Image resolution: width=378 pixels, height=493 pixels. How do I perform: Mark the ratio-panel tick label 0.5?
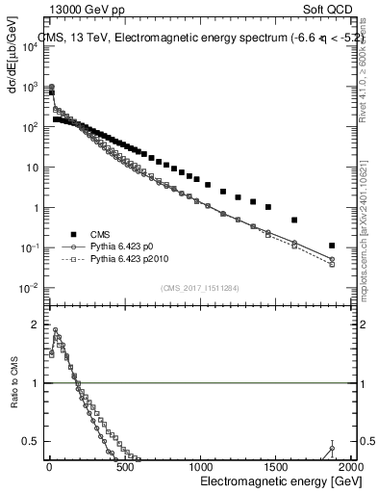(35, 442)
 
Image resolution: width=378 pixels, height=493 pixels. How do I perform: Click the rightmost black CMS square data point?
(332, 246)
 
